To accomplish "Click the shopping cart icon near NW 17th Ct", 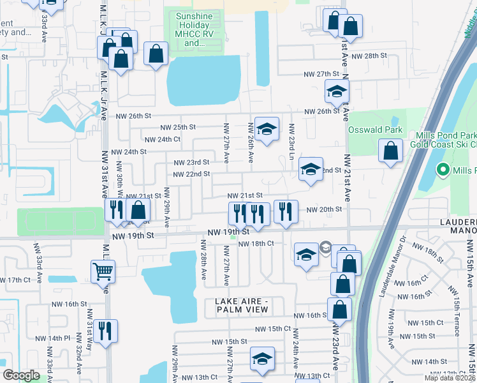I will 103,271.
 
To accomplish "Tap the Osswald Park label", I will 376,130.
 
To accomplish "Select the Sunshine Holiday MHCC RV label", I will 199,29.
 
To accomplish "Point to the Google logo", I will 21,375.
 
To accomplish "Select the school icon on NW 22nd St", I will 311,169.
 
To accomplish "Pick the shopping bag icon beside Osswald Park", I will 390,151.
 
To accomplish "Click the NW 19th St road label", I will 133,236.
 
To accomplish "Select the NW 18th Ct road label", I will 256,243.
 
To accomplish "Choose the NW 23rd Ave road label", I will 334,350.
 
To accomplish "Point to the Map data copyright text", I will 450,378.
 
